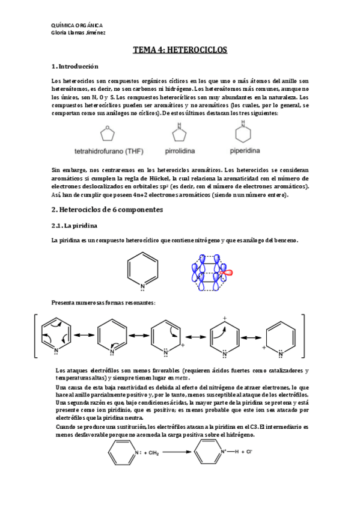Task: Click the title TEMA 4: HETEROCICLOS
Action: click(180, 51)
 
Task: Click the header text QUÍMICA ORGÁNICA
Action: click(77, 25)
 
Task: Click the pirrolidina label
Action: click(180, 150)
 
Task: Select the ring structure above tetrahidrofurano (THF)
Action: click(108, 132)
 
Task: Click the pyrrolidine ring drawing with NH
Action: click(179, 132)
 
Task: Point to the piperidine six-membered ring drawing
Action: click(243, 132)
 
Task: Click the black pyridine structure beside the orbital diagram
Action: click(143, 268)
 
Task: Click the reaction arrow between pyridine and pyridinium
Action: click(171, 451)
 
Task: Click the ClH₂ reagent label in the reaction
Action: click(151, 451)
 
